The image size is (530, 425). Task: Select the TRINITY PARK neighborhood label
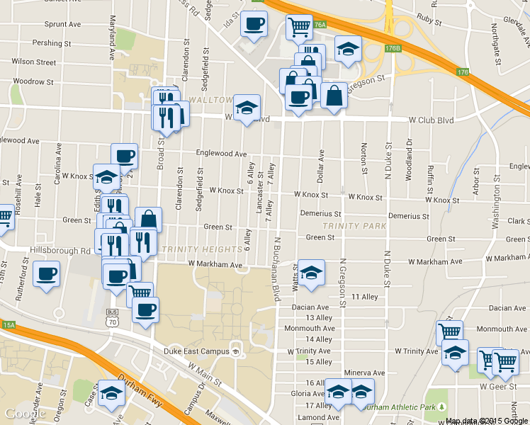354,226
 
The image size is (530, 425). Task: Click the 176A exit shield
320,25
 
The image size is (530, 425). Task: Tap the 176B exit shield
393,49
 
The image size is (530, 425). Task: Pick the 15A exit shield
9,324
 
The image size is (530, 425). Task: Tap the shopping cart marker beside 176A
299,28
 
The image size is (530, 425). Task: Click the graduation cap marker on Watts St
310,273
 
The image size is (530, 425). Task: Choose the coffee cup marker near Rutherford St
47,273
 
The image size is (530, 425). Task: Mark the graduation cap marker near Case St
111,393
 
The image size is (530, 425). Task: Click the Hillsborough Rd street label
60,250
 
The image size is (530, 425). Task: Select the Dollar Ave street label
321,164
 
